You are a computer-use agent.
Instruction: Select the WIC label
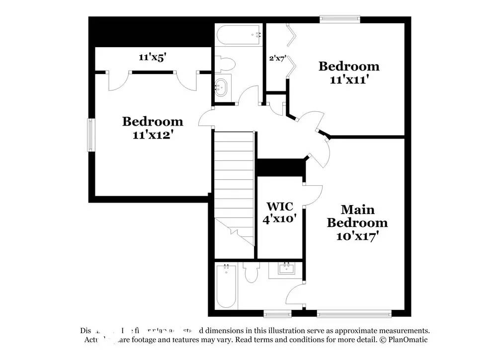280,206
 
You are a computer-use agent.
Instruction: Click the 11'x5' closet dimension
152,57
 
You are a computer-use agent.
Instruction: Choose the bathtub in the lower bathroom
226,287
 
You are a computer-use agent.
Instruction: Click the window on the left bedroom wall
90,135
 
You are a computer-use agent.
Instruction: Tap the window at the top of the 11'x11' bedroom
340,20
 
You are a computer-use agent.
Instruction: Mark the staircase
234,181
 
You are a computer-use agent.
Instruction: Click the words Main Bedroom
357,216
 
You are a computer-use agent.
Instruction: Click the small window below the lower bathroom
277,313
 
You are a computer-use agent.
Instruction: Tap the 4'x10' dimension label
280,219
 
